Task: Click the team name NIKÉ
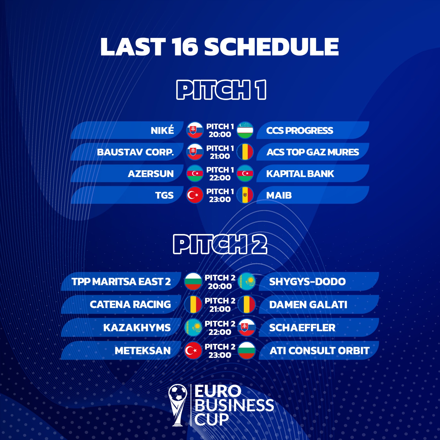click(162, 130)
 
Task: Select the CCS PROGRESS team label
click(299, 130)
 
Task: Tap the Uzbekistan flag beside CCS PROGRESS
click(245, 130)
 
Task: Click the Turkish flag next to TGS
click(195, 195)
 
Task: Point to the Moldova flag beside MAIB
click(245, 195)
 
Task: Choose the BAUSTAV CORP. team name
click(135, 152)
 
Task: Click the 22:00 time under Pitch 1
click(220, 178)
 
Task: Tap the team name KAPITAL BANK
click(300, 174)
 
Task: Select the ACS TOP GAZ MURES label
click(313, 152)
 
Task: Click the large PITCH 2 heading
click(220, 244)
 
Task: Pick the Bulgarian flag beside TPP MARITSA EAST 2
click(193, 281)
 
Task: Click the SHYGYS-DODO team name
click(307, 281)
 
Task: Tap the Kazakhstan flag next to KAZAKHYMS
click(193, 328)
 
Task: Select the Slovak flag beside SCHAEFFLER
click(247, 328)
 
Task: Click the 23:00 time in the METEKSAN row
click(220, 355)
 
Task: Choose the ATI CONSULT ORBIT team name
click(319, 351)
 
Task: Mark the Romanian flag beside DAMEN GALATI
click(247, 304)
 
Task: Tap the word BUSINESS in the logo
click(234, 405)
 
